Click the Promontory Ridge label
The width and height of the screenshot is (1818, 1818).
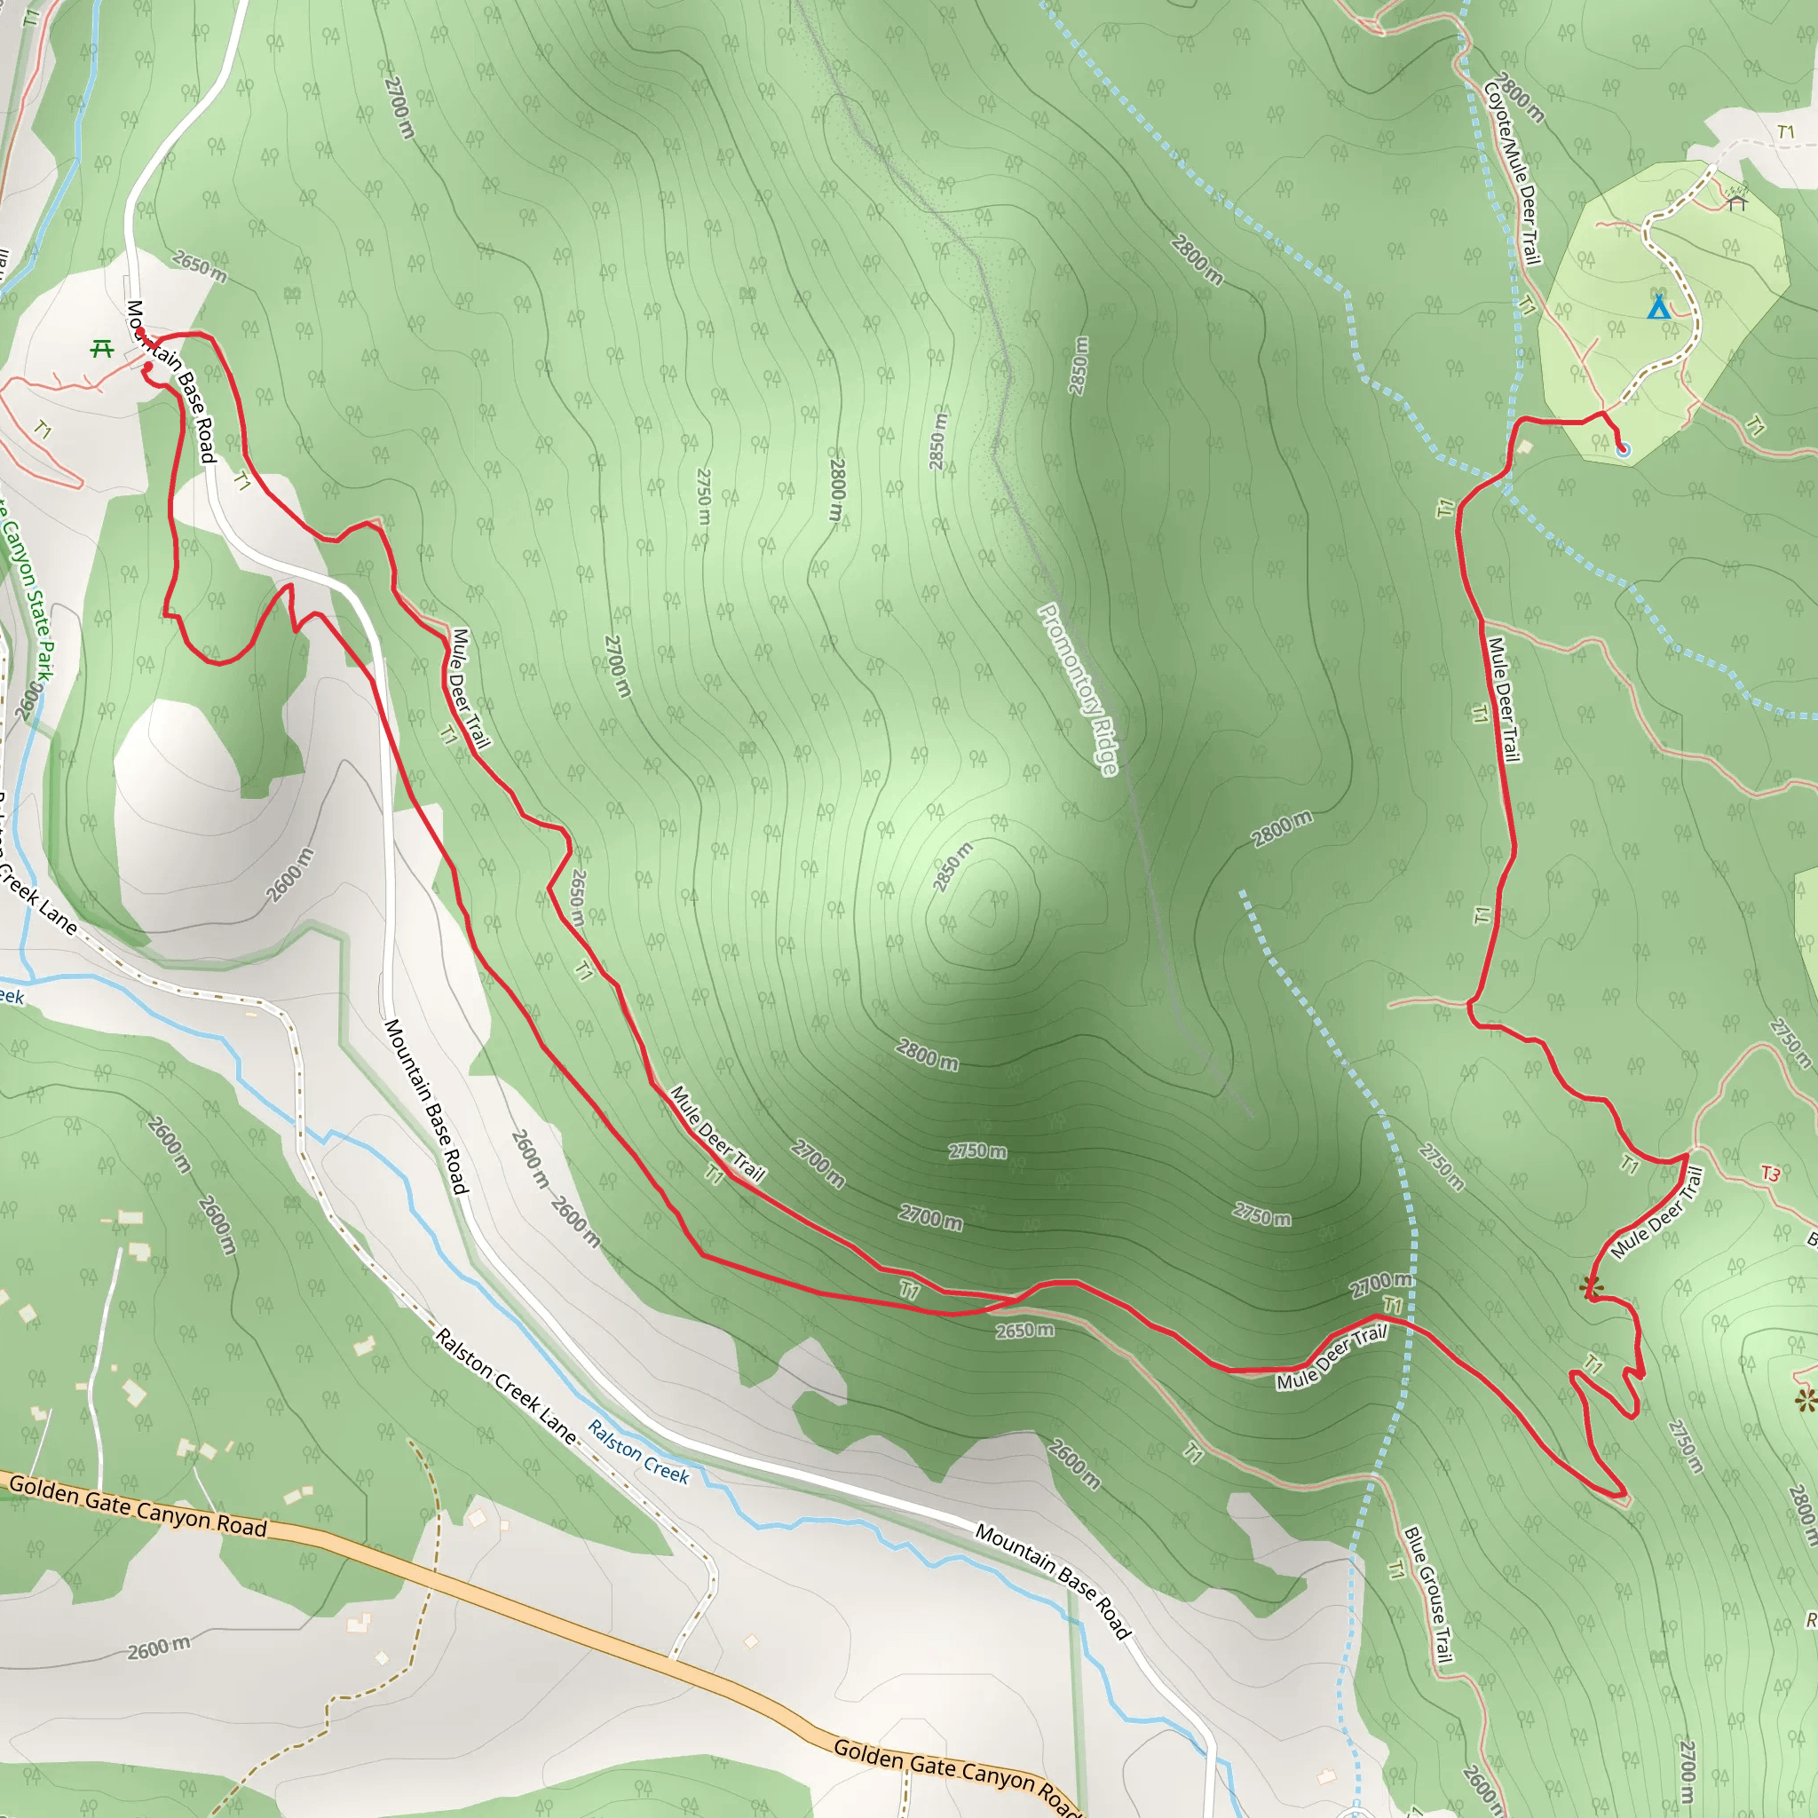click(x=1079, y=690)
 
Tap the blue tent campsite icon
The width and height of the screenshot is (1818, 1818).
click(x=1658, y=308)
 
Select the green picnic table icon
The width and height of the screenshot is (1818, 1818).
click(x=101, y=349)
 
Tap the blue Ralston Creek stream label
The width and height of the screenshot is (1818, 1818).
click(x=639, y=1452)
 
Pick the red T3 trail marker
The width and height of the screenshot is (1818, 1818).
click(x=1771, y=1174)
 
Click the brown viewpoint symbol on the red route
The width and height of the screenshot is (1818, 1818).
click(x=1590, y=1285)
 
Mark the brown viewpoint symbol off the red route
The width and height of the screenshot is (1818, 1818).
click(x=1805, y=1401)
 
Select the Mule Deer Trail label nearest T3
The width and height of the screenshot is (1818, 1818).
click(x=1658, y=1213)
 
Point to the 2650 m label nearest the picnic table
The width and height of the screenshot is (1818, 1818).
click(x=200, y=266)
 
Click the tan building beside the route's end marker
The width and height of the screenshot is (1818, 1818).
click(x=1525, y=447)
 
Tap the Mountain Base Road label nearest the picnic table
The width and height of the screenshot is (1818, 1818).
click(x=171, y=381)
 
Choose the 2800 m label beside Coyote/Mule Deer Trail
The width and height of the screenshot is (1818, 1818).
click(x=1519, y=98)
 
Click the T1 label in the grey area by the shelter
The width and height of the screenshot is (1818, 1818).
click(x=1786, y=131)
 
